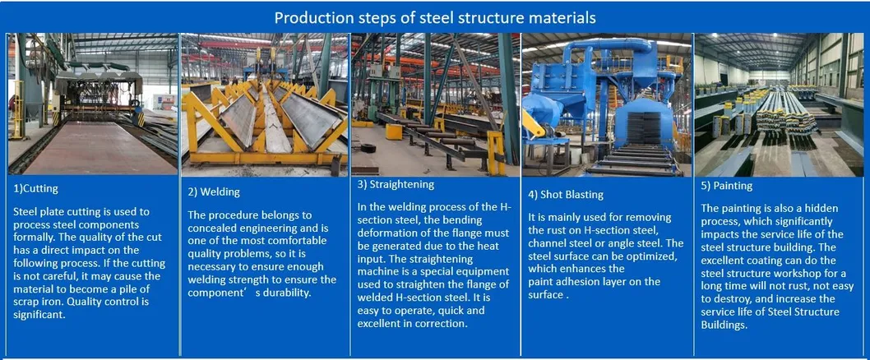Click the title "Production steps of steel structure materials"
click(x=435, y=18)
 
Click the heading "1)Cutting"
click(x=35, y=188)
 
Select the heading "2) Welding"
click(x=214, y=192)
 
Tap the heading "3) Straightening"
click(x=396, y=185)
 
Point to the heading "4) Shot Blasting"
click(x=566, y=195)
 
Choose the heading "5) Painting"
click(x=727, y=187)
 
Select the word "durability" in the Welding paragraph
click(x=285, y=293)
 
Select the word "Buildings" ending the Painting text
click(x=724, y=325)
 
